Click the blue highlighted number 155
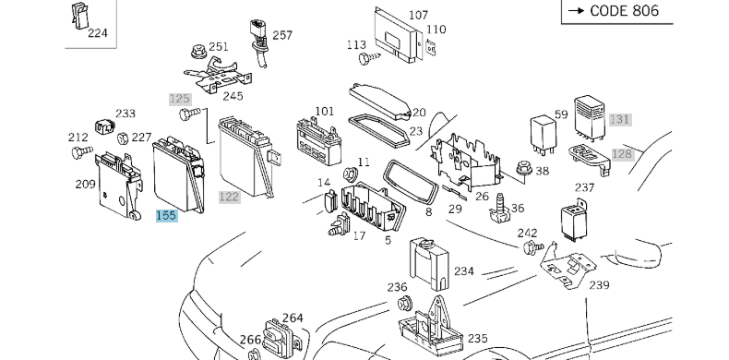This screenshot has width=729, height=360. [166, 215]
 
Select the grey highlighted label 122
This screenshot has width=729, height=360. [229, 197]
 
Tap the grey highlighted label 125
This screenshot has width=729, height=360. [180, 99]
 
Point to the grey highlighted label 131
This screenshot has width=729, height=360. [620, 119]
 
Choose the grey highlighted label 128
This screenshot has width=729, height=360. [622, 154]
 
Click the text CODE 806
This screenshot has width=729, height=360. [624, 11]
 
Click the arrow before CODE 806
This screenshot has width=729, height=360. [576, 10]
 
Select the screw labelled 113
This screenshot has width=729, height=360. [370, 58]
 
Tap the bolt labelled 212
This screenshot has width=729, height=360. [82, 151]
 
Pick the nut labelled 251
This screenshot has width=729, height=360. [199, 51]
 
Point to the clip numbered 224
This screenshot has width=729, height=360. [80, 16]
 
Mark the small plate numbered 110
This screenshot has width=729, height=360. [432, 47]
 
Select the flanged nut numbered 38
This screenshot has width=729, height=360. [524, 169]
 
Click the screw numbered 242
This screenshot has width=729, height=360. [533, 248]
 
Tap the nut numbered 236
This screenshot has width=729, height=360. [405, 304]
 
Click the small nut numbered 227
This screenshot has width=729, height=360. [124, 138]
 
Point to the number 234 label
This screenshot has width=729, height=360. [463, 270]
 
